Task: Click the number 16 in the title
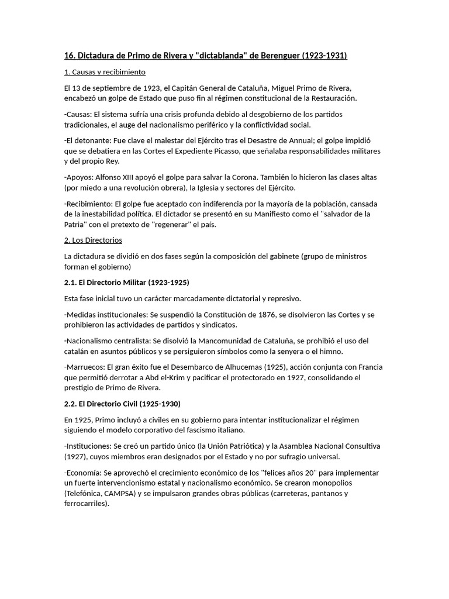(x=69, y=56)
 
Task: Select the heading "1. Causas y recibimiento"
(x=105, y=72)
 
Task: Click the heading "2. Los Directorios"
(x=93, y=240)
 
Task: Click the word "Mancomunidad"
(x=253, y=341)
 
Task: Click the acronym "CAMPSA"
(x=118, y=493)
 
